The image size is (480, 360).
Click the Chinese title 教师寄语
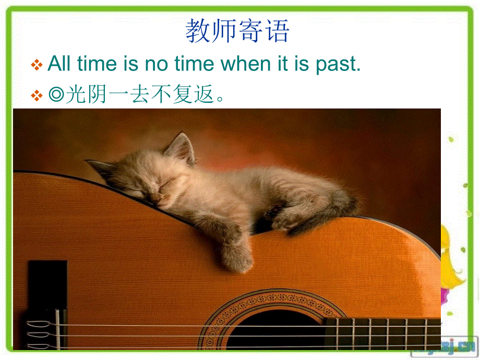click(x=237, y=31)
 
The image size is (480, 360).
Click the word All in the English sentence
click(x=61, y=64)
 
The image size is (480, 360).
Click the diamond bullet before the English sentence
click(x=37, y=65)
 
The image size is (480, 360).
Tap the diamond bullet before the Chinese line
click(x=37, y=95)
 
